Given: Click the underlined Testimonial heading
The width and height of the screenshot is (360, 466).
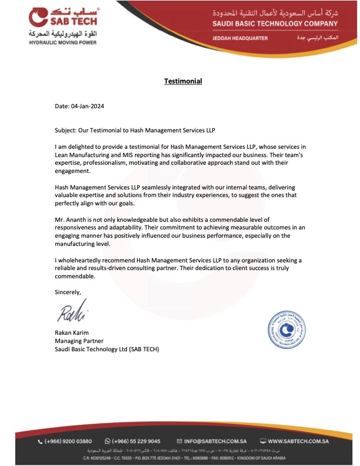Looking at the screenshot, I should click(183, 81).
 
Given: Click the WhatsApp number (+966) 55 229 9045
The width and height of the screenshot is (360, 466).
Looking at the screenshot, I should click(136, 441).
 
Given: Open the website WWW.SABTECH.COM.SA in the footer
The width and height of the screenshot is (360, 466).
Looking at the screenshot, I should click(302, 441).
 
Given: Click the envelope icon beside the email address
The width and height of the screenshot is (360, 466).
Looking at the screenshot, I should click(180, 441).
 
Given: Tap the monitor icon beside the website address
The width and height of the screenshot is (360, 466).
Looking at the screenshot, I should click(263, 441).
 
